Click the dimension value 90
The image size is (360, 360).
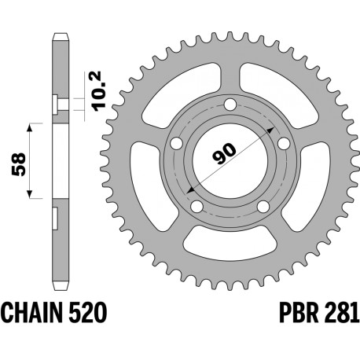pyautogui.click(x=225, y=153)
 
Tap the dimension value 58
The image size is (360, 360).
pyautogui.click(x=19, y=164)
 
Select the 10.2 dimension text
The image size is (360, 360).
pyautogui.click(x=100, y=91)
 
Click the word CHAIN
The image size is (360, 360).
pyautogui.click(x=32, y=313)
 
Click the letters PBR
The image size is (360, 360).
pyautogui.click(x=299, y=313)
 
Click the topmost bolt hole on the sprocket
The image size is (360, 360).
pyautogui.click(x=230, y=105)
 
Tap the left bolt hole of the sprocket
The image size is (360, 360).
pyautogui.click(x=176, y=144)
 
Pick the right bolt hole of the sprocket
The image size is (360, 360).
pyautogui.click(x=284, y=144)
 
